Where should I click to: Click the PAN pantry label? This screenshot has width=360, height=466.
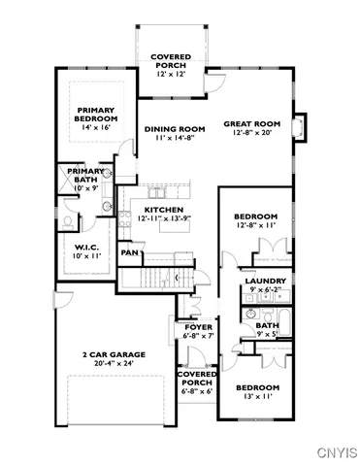pyautogui.click(x=128, y=252)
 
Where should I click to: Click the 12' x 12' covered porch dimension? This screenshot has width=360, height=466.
pyautogui.click(x=169, y=74)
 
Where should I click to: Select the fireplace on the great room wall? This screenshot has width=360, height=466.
pyautogui.click(x=300, y=127)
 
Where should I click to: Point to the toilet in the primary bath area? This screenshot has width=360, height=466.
pyautogui.click(x=69, y=221)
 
